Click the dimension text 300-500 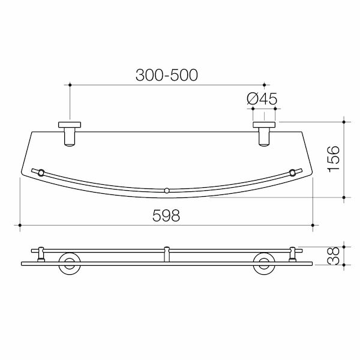pyautogui.click(x=166, y=75)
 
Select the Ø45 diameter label pyautogui.click(x=262, y=99)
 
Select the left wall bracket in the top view pyautogui.click(x=70, y=133)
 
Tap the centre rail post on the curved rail pyautogui.click(x=167, y=191)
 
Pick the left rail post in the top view pyautogui.click(x=40, y=173)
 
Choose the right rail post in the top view pyautogui.click(x=293, y=173)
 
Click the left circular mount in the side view pyautogui.click(x=70, y=264)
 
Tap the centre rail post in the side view pyautogui.click(x=167, y=254)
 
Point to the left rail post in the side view pyautogui.click(x=40, y=254)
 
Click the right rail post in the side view pyautogui.click(x=293, y=254)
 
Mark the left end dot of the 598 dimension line pyautogui.click(x=20, y=226)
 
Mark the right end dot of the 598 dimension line pyautogui.click(x=313, y=226)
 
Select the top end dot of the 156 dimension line pyautogui.click(x=343, y=122)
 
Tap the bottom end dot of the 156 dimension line pyautogui.click(x=343, y=197)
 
